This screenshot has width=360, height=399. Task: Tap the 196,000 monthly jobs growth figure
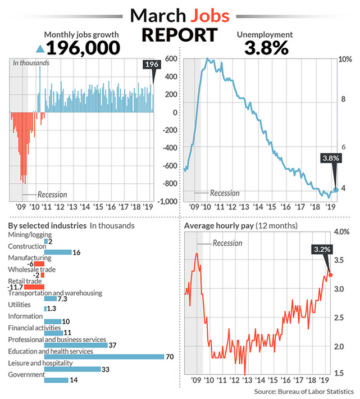(x=84, y=47)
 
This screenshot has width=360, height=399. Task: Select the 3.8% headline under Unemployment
(x=267, y=47)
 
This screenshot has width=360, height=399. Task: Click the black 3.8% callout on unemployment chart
(x=331, y=158)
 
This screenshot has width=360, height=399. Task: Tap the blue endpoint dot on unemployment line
(x=336, y=189)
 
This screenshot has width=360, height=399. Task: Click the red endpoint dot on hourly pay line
(x=330, y=275)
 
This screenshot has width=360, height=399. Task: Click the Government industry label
(x=26, y=375)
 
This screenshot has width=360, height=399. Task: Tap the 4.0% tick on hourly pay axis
(x=341, y=232)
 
